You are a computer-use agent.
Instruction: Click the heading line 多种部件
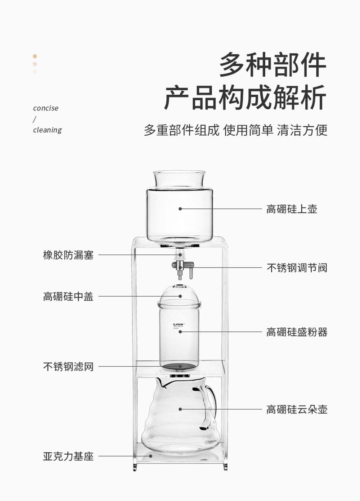coord(273,65)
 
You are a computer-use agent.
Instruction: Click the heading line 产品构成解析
coord(245,97)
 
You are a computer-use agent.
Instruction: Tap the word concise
coord(46,108)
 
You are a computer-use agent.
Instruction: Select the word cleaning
coord(48,130)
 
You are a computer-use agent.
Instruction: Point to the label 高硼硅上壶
coord(292,209)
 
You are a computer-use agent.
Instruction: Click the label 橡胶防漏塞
coord(68,255)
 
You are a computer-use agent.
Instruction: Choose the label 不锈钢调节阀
coord(297,268)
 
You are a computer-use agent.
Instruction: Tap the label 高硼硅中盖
coord(68,297)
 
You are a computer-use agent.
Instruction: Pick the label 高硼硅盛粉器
coord(297,332)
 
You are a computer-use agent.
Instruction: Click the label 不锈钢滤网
coord(68,367)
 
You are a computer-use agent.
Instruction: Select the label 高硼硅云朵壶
coord(297,410)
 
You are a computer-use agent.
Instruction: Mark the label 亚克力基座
coord(68,456)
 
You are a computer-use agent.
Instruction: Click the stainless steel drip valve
coord(182,266)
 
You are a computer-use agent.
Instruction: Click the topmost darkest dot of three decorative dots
coord(35,56)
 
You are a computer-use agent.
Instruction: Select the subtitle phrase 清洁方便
coord(302,130)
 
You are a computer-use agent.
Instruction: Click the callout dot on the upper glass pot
coord(180,209)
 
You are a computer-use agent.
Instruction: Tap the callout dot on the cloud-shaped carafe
coord(180,409)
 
